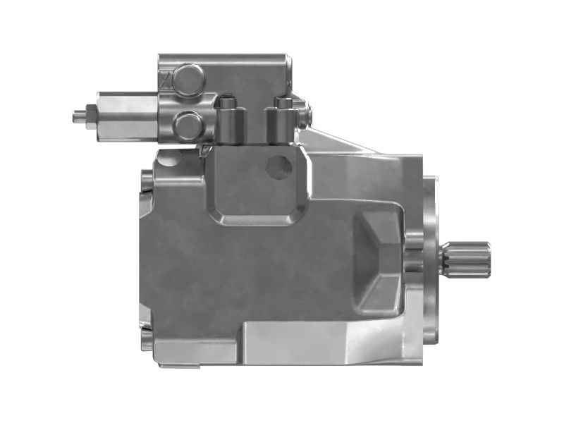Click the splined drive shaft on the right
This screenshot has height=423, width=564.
click(x=467, y=259)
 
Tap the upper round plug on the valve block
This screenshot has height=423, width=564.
click(x=189, y=80)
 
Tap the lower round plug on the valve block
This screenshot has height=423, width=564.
click(x=188, y=126)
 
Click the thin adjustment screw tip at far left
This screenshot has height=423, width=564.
click(x=77, y=115)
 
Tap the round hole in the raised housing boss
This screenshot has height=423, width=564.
click(x=278, y=166)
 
